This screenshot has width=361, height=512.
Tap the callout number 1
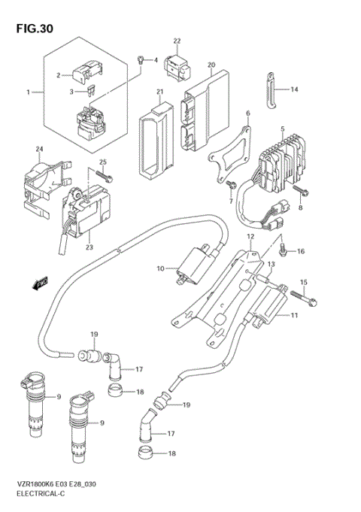(29, 92)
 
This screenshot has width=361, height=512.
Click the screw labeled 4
(140, 59)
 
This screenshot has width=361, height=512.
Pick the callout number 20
(211, 65)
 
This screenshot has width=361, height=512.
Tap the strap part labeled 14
(272, 89)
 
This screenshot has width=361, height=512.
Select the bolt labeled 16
(282, 248)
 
